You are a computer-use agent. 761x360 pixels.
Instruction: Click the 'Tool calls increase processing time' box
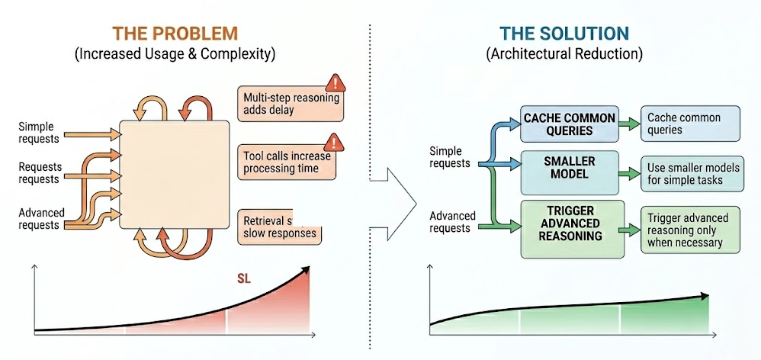[x=288, y=162]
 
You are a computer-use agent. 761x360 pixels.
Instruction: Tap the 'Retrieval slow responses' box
[x=278, y=227]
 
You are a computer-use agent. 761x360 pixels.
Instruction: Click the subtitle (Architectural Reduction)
[x=564, y=55]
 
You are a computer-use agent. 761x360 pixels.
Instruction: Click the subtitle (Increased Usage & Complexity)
[x=175, y=55]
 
